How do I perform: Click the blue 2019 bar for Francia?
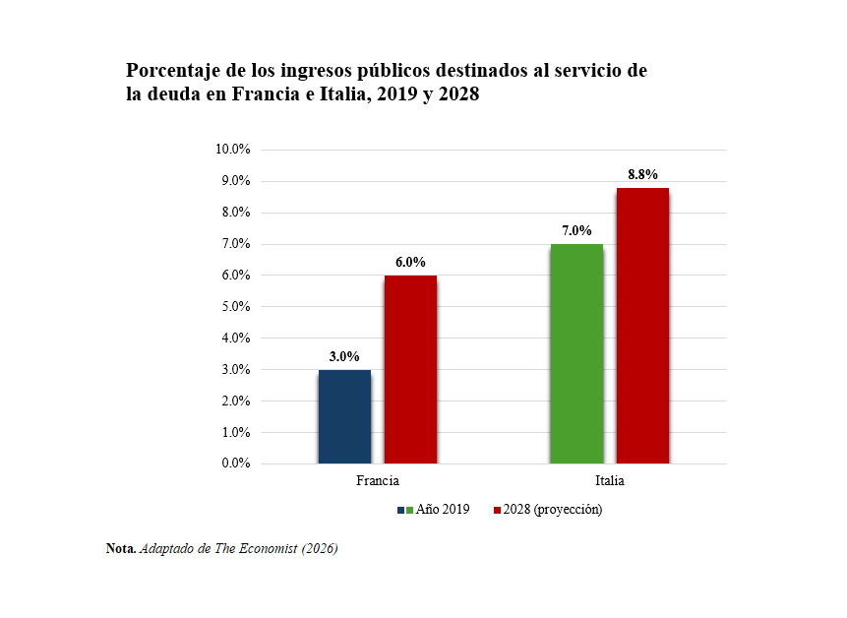[x=344, y=416]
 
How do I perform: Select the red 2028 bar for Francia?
[x=410, y=369]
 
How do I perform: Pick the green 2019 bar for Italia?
[x=576, y=354]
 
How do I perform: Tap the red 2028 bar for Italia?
[x=642, y=326]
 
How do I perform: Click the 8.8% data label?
[x=642, y=174]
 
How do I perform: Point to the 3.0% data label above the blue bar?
[x=344, y=356]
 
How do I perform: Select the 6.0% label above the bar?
[x=410, y=262]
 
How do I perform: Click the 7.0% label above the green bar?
[x=576, y=230]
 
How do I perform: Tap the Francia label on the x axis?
[x=378, y=481]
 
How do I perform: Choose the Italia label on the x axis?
[x=610, y=481]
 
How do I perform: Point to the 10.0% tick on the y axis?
[x=233, y=150]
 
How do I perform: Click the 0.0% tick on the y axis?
[x=236, y=463]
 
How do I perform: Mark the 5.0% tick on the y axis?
[x=236, y=306]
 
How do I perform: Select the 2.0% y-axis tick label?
[x=236, y=401]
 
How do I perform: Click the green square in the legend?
[x=409, y=510]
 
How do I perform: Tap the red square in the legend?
[x=497, y=510]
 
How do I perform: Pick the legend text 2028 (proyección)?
[x=553, y=510]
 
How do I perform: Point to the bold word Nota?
[x=121, y=548]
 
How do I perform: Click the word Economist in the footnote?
[x=268, y=548]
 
